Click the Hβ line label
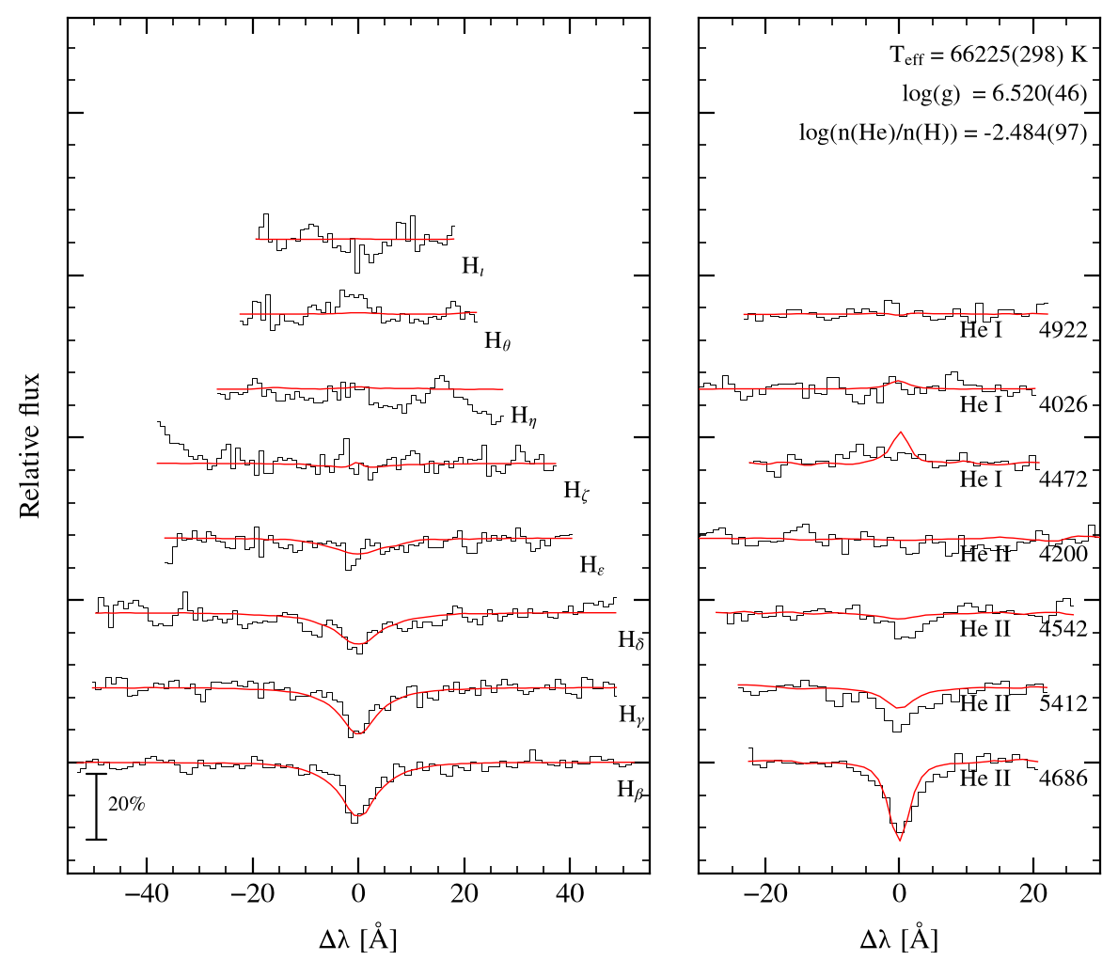[631, 790]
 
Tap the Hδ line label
[631, 640]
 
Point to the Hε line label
[592, 565]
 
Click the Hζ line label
[576, 491]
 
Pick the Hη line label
[524, 417]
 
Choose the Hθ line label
[497, 341]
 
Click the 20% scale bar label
[127, 804]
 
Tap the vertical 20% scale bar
[96, 807]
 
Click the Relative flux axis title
[29, 447]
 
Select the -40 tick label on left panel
[147, 894]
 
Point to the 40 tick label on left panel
[571, 894]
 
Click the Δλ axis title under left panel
[358, 939]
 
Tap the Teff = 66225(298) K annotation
[989, 55]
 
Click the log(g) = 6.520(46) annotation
[995, 94]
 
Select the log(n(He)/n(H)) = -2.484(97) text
[943, 133]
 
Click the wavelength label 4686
[1063, 778]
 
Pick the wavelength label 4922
[1063, 330]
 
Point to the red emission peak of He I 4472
[901, 432]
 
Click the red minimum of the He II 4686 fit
[900, 841]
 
